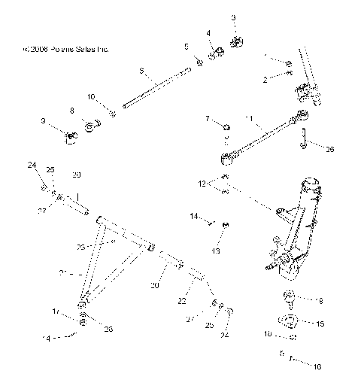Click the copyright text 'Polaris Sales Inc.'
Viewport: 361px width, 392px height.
click(66, 49)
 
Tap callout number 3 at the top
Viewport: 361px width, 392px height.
click(233, 17)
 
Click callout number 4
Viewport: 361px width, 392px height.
click(208, 33)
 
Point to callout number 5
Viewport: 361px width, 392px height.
click(187, 47)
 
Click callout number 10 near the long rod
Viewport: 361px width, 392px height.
click(90, 97)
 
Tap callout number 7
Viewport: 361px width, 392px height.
click(208, 119)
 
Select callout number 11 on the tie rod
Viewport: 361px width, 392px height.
click(249, 119)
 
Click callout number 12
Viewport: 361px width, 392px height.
click(201, 183)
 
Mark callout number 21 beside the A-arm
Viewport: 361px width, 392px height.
click(62, 272)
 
